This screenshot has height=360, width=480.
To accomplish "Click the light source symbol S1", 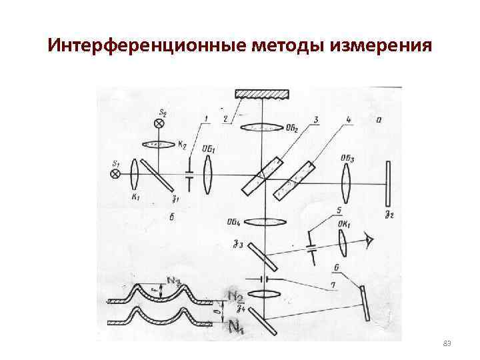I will point(115,174).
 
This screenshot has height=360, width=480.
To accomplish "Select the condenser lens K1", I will point(135,175).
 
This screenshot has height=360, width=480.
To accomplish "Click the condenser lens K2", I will point(161,144).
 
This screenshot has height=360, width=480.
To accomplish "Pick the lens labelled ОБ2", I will point(261,127).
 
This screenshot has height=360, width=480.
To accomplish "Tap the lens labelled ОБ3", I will point(347,180).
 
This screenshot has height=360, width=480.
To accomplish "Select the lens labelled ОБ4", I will point(266,222).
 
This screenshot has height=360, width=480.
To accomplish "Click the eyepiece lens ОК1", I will point(343,244).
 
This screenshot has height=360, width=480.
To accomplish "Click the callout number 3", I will point(315,120).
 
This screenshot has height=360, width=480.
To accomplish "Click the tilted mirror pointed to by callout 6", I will point(364,303).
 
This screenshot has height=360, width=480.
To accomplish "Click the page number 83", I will point(447,343).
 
